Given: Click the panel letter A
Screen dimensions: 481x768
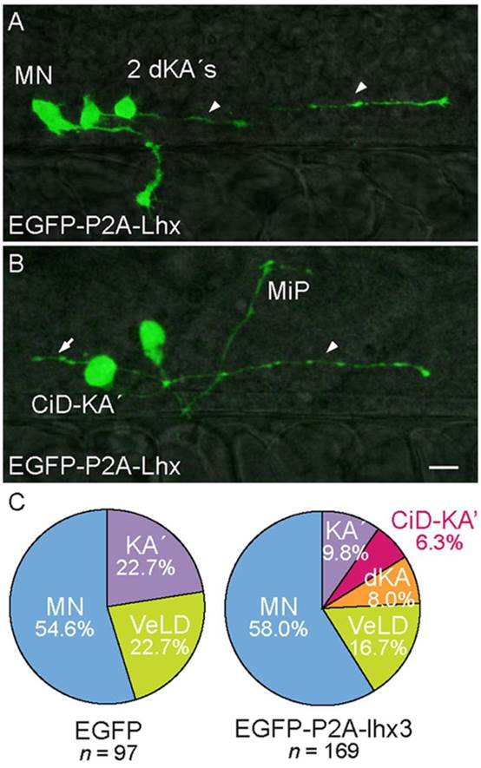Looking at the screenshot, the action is (16, 23).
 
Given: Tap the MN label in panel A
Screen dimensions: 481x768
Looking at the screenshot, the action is (33, 75).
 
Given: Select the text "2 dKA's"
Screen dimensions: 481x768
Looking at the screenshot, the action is (171, 71).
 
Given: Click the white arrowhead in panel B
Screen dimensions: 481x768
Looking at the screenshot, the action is (332, 347).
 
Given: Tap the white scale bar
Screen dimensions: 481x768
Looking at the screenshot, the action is (444, 469).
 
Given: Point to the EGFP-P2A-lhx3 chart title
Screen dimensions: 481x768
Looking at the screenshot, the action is (324, 730).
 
